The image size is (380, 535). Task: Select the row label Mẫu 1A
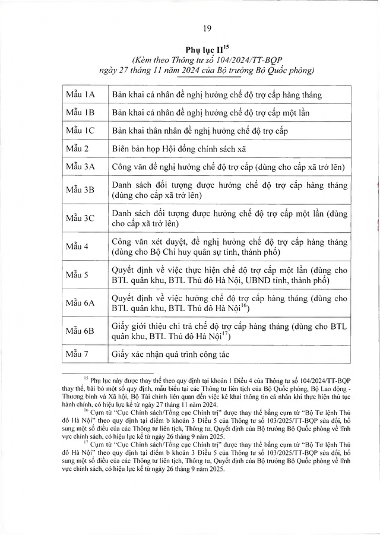click(81, 94)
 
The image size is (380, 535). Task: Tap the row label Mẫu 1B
click(81, 112)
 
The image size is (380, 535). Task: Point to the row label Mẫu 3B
click(81, 190)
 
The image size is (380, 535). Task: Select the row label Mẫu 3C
click(81, 219)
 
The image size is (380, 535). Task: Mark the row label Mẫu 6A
click(81, 303)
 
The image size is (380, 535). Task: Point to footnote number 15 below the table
click(85, 376)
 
